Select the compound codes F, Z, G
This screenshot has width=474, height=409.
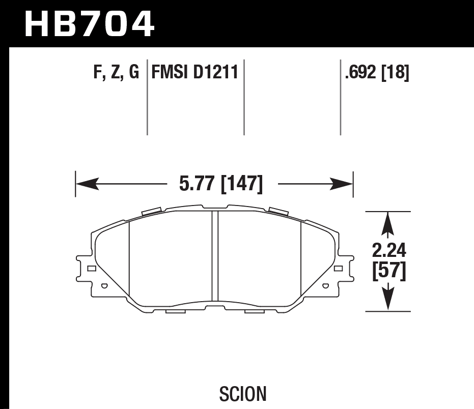116,73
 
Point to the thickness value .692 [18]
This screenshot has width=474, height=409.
377,73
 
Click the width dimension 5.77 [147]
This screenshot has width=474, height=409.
220,184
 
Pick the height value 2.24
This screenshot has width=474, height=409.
389,250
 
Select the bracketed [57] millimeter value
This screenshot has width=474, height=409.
389,271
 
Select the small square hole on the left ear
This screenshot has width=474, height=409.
91,268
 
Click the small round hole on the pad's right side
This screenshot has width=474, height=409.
324,286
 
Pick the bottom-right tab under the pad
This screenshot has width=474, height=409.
253,311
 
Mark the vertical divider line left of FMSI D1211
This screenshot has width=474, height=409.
147,97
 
